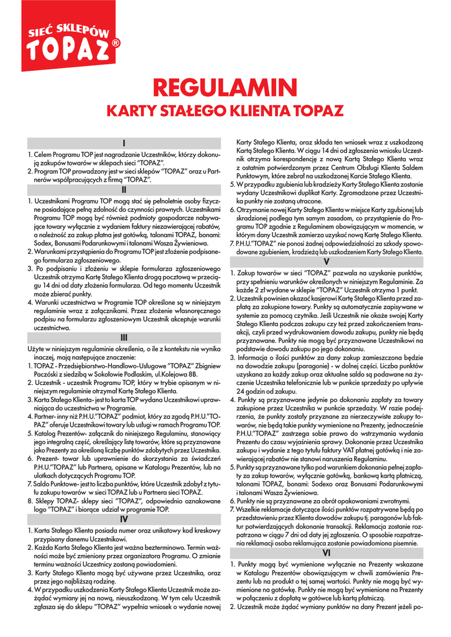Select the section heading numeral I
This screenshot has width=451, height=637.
pos(124,143)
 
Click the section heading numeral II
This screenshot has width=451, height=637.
pos(124,189)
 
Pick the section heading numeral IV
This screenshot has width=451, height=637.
pos(124,518)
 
